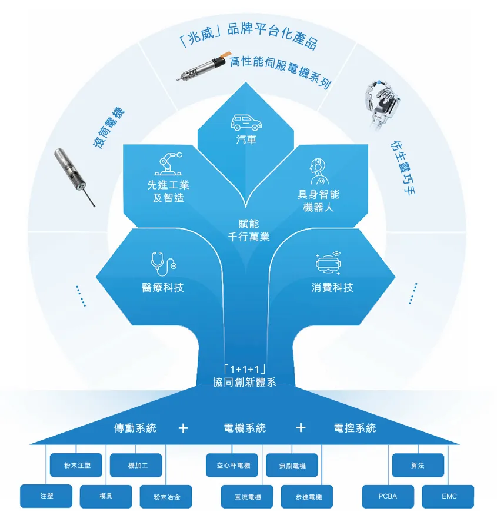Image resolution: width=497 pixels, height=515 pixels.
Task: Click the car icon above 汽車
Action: pyautogui.click(x=246, y=122)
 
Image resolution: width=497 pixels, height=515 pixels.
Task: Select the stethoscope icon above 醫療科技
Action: pyautogui.click(x=163, y=264)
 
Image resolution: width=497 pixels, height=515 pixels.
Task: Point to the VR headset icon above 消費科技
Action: pyautogui.click(x=328, y=263)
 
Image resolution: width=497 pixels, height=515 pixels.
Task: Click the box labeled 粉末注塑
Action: pyautogui.click(x=77, y=466)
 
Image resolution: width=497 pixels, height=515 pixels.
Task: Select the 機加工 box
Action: pyautogui.click(x=137, y=466)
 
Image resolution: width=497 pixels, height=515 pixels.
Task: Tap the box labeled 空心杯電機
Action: pyautogui.click(x=232, y=466)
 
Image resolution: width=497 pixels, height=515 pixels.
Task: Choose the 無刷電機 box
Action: pyautogui.click(x=293, y=466)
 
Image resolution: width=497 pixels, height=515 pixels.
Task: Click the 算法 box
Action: pyautogui.click(x=418, y=466)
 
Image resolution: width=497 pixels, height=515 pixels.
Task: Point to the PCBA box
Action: pyautogui.click(x=388, y=496)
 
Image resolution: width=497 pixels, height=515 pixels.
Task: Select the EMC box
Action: pyautogui.click(x=449, y=496)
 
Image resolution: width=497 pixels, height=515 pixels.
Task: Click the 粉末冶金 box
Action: pyautogui.click(x=166, y=497)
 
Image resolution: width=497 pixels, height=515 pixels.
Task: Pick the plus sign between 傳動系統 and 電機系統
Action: pyautogui.click(x=182, y=428)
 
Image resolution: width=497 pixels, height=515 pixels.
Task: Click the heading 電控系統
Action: pyautogui.click(x=355, y=428)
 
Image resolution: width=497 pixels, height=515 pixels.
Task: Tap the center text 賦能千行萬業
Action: pyautogui.click(x=248, y=230)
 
